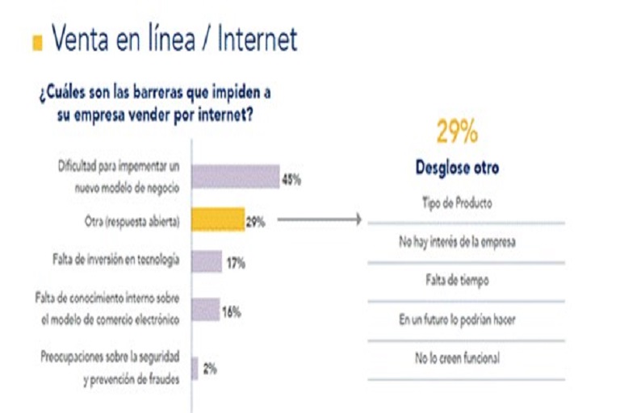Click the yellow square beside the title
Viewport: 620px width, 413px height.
[x=37, y=43]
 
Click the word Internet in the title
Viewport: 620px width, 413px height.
[x=258, y=39]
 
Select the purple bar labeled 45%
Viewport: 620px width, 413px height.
[x=235, y=177]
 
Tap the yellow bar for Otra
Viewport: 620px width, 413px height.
[x=217, y=220]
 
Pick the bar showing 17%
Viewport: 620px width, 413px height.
[x=206, y=261]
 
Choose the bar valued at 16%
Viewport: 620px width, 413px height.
[x=205, y=310]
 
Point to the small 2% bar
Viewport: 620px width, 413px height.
[x=195, y=368]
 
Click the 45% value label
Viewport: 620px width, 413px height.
[x=291, y=180]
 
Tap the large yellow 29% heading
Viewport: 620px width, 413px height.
[x=457, y=131]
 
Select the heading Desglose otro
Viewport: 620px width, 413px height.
[x=457, y=169]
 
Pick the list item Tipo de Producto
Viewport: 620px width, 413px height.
[x=457, y=203]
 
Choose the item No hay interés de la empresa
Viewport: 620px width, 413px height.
[x=457, y=242]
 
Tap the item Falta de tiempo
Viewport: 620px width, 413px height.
[x=457, y=281]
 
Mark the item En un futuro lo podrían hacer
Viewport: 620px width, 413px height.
[x=457, y=319]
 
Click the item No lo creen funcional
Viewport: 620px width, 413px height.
[x=457, y=358]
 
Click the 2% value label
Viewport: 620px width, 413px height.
[x=209, y=369]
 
